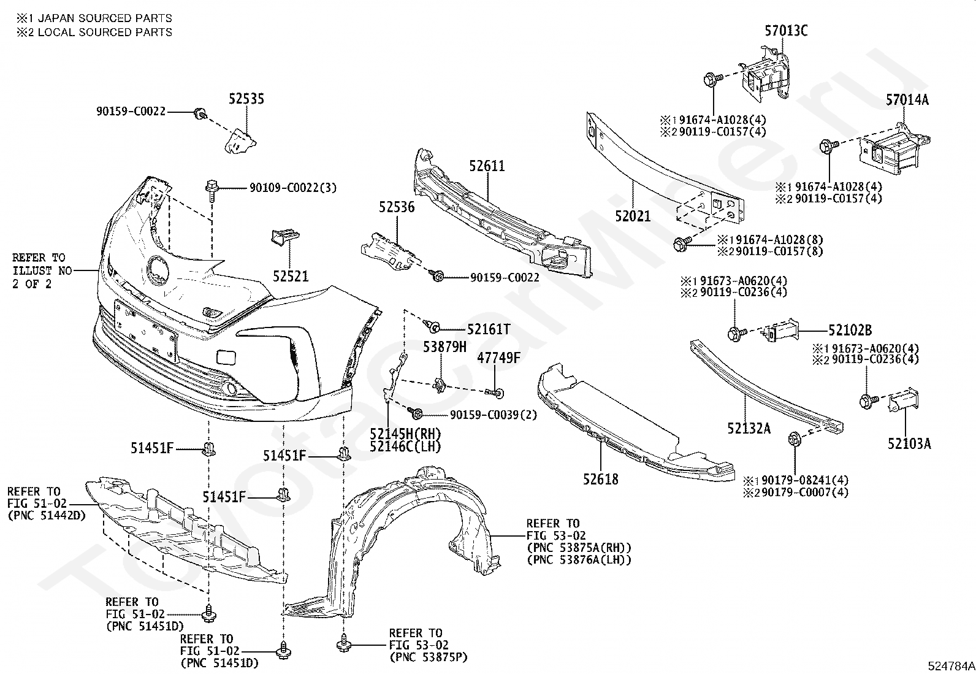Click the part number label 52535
click(x=246, y=99)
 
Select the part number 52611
click(x=487, y=166)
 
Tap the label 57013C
click(x=786, y=31)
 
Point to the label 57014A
click(x=907, y=100)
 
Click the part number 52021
click(x=633, y=216)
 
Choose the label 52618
click(x=600, y=480)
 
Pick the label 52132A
click(x=749, y=429)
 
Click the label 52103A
click(x=909, y=444)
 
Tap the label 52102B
click(x=850, y=331)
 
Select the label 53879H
click(x=445, y=347)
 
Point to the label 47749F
click(x=498, y=358)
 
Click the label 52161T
click(x=489, y=329)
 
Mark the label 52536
click(x=397, y=207)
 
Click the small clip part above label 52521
click(x=286, y=237)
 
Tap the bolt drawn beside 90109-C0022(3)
click(x=212, y=190)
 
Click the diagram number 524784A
click(x=951, y=665)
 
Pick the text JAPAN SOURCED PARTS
click(x=105, y=18)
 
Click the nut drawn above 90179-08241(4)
click(x=794, y=438)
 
